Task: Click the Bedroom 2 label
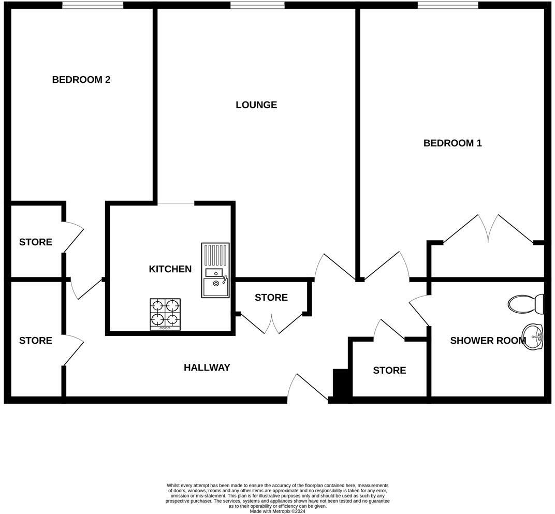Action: pyautogui.click(x=81, y=80)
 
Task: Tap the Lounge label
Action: pyautogui.click(x=256, y=105)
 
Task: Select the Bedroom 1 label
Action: pyautogui.click(x=452, y=143)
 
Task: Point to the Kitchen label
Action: pyautogui.click(x=170, y=269)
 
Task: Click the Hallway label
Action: pyautogui.click(x=207, y=368)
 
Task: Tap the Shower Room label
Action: pyautogui.click(x=488, y=341)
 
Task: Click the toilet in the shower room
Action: pyautogui.click(x=525, y=304)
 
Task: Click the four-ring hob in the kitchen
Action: pyautogui.click(x=165, y=314)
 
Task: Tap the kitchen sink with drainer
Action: pyautogui.click(x=215, y=270)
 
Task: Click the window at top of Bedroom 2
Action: pyautogui.click(x=93, y=5)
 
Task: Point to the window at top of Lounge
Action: pyautogui.click(x=257, y=5)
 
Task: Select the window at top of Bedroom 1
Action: pyautogui.click(x=448, y=5)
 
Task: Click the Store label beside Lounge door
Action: pyautogui.click(x=271, y=298)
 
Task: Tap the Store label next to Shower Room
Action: pyautogui.click(x=389, y=371)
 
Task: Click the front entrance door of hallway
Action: pyautogui.click(x=308, y=388)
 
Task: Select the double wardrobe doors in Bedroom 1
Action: pyautogui.click(x=488, y=229)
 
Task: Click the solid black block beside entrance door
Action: pyautogui.click(x=341, y=384)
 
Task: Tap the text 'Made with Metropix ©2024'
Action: pyautogui.click(x=277, y=511)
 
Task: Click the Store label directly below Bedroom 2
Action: pyautogui.click(x=36, y=242)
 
